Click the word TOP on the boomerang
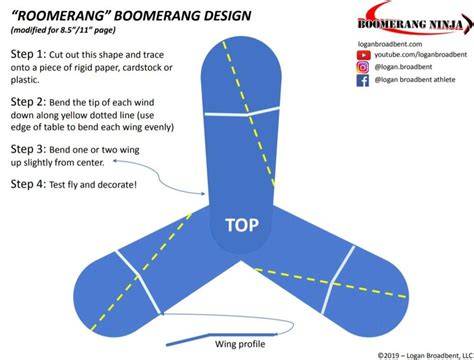tap(242, 225)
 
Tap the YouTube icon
tap(363, 55)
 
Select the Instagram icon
tap(363, 67)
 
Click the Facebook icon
tap(363, 80)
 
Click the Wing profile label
tap(240, 344)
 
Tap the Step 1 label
tap(28, 54)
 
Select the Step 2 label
tap(28, 102)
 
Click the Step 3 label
tap(28, 149)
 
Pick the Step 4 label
tap(28, 184)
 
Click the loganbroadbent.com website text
tap(390, 44)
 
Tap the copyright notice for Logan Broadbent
tap(426, 355)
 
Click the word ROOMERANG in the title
tap(59, 15)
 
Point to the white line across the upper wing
tap(242, 112)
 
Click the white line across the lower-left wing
tap(139, 282)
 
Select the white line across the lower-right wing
tap(338, 280)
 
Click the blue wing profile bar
tap(222, 338)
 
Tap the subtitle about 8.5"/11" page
tap(63, 30)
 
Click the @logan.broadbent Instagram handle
tap(403, 67)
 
